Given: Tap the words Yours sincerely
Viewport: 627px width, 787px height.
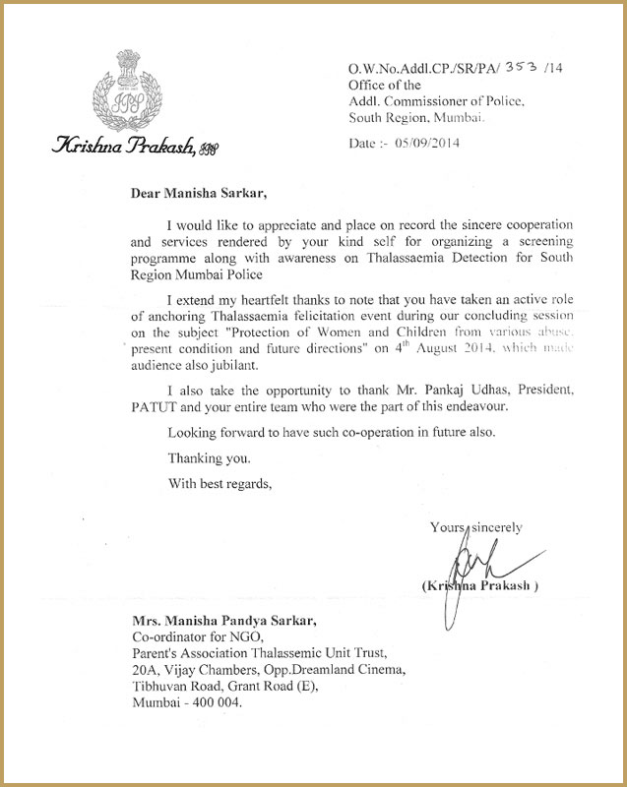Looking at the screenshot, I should (475, 527).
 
